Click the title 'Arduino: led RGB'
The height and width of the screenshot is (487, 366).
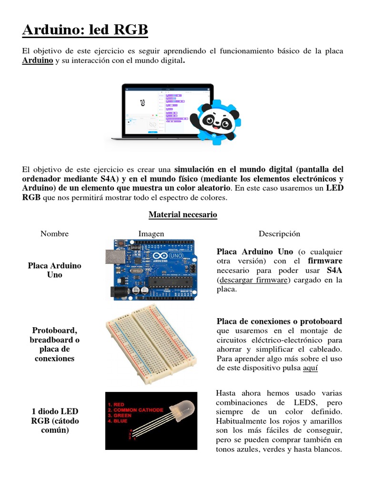[85, 30]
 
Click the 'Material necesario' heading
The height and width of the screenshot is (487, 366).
[183, 214]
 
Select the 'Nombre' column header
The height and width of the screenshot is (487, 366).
[54, 234]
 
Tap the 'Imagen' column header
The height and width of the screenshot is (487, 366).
[151, 234]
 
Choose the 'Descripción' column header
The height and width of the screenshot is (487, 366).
[279, 234]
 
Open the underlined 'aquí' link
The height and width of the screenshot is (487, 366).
[310, 368]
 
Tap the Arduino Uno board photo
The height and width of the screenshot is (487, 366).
[150, 269]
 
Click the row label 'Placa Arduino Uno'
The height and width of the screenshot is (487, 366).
[54, 270]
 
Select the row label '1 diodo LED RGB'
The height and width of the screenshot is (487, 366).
[54, 420]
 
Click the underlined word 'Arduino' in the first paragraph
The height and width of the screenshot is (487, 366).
[38, 61]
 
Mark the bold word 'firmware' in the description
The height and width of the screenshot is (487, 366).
[325, 261]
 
